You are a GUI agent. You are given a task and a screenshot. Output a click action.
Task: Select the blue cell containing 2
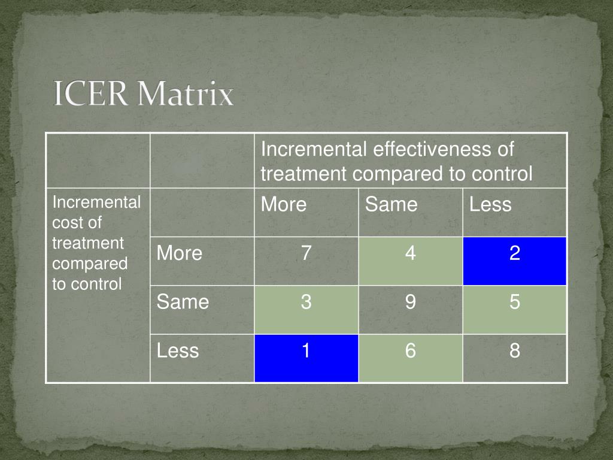[x=514, y=261]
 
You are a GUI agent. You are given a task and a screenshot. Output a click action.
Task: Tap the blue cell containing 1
[x=306, y=358]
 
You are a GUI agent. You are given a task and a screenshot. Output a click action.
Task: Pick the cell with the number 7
[x=306, y=261]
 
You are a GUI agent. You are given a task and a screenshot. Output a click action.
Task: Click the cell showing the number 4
[x=410, y=261]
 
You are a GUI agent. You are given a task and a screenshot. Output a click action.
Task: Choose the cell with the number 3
[x=306, y=309]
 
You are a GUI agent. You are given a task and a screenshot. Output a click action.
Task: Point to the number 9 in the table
[x=410, y=302]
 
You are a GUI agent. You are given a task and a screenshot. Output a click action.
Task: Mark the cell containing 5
[x=514, y=309]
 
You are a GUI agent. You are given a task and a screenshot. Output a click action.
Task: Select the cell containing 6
[x=410, y=358]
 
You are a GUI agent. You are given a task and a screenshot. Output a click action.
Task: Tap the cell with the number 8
[x=514, y=358]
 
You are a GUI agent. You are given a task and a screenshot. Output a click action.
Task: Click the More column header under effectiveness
[x=284, y=205]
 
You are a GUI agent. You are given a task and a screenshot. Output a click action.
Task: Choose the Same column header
[x=391, y=205]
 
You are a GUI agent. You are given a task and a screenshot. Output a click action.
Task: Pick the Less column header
[x=490, y=205]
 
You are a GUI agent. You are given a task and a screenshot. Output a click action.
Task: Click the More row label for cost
[x=180, y=253]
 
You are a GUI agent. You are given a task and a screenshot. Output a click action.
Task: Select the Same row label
[x=183, y=302]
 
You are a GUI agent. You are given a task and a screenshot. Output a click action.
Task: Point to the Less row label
[x=177, y=350]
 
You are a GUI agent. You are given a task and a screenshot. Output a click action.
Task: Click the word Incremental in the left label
[x=96, y=202]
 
